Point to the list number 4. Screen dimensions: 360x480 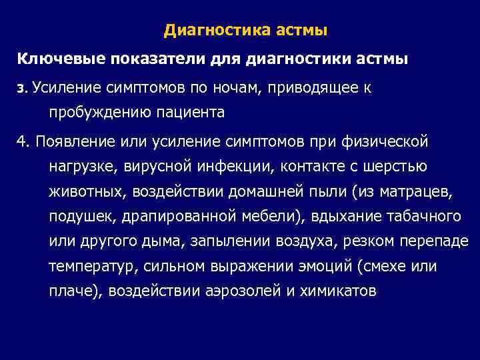pyautogui.click(x=23, y=141)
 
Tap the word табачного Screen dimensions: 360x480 pyautogui.click(x=426, y=217)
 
